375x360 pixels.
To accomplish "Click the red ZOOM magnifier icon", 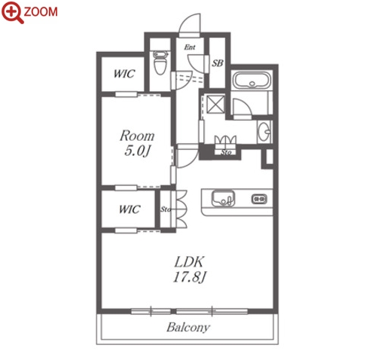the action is (11, 11).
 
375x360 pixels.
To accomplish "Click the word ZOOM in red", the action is (41, 12).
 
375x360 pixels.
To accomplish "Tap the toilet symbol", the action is (160, 63).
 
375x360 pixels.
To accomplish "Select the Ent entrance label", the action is (190, 47).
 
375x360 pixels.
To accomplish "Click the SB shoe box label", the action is (218, 63).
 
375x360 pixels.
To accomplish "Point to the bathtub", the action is (252, 81).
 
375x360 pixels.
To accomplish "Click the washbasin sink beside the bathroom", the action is (264, 132).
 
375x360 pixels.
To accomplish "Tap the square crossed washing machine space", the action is (215, 104).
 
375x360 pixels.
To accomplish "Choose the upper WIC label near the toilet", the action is (124, 74).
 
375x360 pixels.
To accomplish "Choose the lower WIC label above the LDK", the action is (130, 209).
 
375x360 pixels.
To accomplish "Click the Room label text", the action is (137, 136).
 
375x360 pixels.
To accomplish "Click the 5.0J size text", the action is (137, 151).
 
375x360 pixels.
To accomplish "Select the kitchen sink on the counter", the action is (223, 198).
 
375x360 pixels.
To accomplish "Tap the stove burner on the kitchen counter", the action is (259, 199).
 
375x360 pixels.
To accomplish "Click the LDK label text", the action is (189, 262).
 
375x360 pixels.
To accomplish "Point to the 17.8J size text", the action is (190, 277).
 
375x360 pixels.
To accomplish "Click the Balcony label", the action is (188, 327).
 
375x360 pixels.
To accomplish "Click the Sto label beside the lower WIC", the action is (166, 209).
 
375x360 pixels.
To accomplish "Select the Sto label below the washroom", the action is (226, 152).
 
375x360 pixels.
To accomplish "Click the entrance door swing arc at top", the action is (186, 20).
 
